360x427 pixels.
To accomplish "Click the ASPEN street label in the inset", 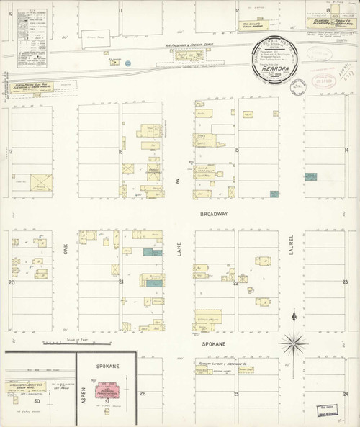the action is [83, 395].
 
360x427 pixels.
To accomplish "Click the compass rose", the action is [293, 339].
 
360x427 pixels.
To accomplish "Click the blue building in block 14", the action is [310, 176].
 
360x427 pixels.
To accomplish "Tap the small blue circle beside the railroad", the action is [128, 63].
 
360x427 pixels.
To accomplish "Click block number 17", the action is [11, 151].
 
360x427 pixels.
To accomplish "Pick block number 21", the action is [121, 282].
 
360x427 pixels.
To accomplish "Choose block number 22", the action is [235, 283].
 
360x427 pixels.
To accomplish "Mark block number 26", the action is [143, 393].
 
